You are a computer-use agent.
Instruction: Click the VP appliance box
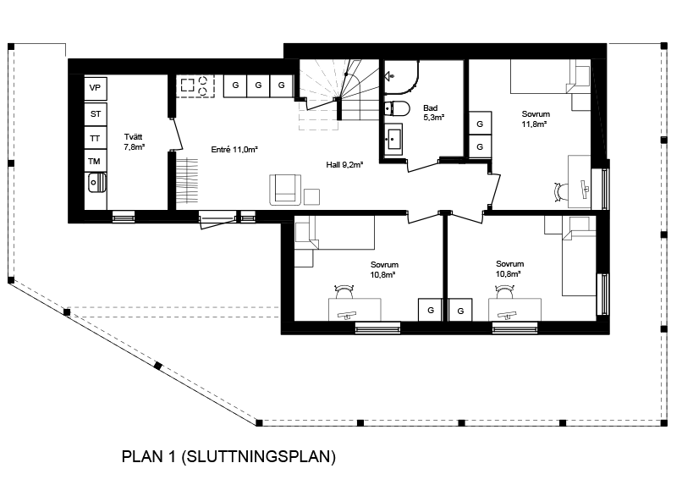coord(96,88)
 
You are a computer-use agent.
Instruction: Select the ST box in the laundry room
coord(96,114)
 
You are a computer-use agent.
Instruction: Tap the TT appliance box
coord(96,138)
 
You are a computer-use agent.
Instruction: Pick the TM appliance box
coord(96,162)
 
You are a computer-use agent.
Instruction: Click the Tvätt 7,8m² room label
coord(134,142)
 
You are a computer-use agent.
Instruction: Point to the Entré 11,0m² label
coord(234,150)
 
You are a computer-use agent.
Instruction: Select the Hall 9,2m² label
coord(344,165)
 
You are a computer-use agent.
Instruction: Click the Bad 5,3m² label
coord(433,113)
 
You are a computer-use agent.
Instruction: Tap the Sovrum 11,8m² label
coord(536,118)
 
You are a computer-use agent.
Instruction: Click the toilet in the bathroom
coord(398,108)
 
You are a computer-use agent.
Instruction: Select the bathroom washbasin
coord(393,138)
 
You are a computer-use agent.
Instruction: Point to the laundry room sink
coord(96,183)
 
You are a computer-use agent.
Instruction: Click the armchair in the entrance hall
coord(285,190)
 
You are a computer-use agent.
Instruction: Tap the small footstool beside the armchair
coord(311,197)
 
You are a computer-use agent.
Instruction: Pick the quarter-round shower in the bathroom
coord(401,77)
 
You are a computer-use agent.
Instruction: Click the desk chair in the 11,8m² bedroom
coord(561,191)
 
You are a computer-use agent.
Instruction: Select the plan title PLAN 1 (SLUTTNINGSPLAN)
coord(228,457)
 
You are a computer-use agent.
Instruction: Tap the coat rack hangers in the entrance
coord(187,180)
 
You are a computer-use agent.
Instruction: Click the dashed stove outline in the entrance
coord(195,85)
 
